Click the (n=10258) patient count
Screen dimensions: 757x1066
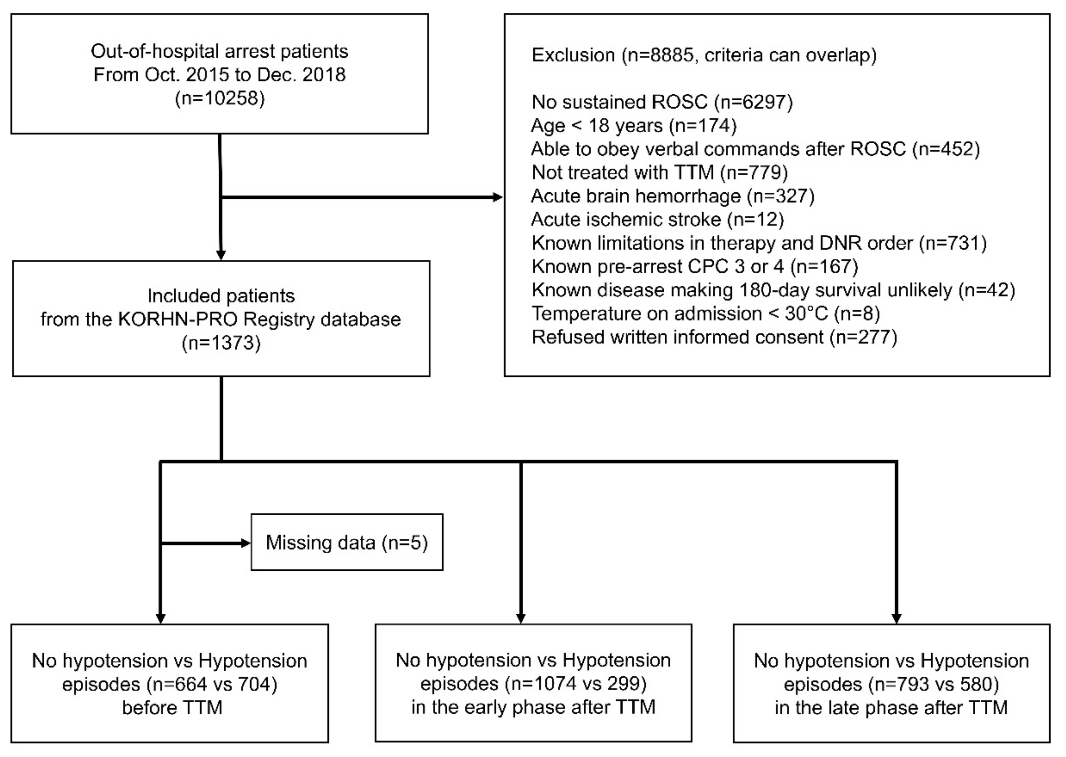click(x=220, y=99)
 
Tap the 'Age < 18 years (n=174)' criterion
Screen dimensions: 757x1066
click(x=634, y=126)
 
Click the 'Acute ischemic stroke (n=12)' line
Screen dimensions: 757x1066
click(x=658, y=219)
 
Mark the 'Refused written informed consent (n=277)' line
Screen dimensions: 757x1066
click(x=714, y=337)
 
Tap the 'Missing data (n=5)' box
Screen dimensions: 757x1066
click(x=347, y=542)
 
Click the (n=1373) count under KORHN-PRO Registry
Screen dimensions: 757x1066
click(x=221, y=343)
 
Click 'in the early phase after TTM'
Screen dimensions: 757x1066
click(x=533, y=707)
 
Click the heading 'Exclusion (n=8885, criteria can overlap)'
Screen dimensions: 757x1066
click(x=704, y=55)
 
